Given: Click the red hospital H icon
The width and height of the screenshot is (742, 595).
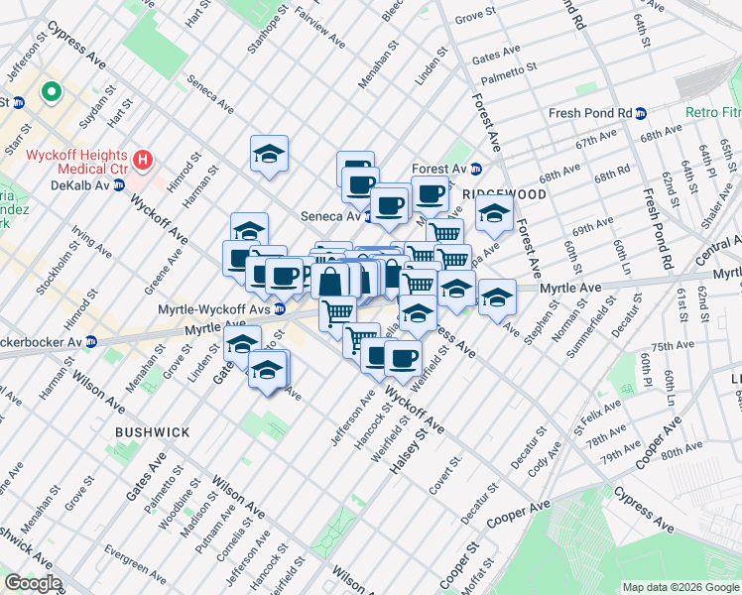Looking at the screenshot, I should pos(145,159).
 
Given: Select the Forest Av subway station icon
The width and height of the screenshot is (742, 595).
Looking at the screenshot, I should pos(475,170).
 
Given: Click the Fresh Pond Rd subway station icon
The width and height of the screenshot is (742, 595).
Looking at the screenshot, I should pos(642,113).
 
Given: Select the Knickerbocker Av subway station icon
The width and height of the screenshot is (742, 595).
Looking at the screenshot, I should pos(91,341).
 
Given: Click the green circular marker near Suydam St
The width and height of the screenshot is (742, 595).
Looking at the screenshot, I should pos(50,94).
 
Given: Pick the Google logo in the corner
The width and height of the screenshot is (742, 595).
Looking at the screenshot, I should pos(33,582).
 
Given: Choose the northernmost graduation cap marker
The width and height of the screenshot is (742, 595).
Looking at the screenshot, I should pos(269,154).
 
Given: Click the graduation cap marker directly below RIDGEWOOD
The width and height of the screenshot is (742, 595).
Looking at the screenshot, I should pos(494,212).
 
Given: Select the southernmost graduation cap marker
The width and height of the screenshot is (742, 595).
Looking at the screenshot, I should pos(269,371).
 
